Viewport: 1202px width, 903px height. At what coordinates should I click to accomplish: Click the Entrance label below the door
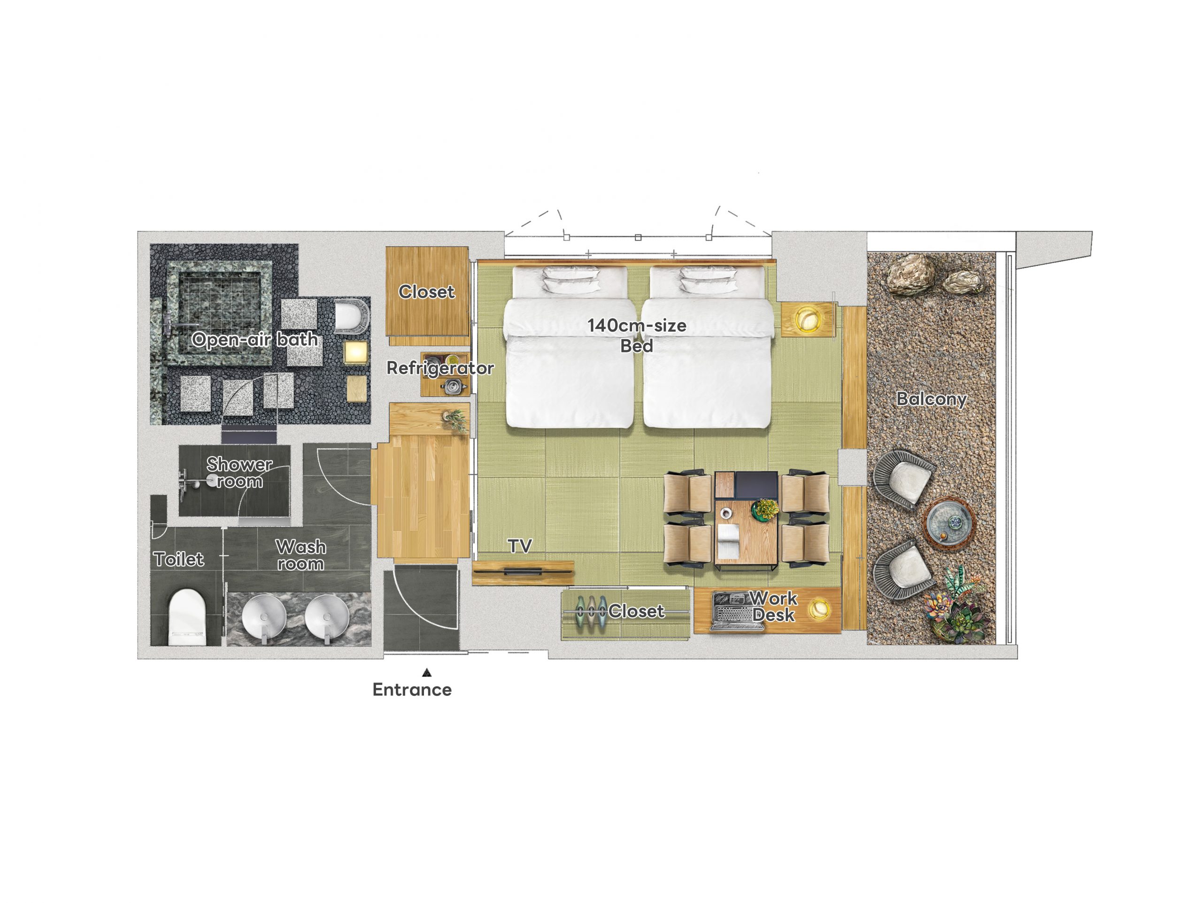[412, 690]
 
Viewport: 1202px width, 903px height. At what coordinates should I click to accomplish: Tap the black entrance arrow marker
[427, 672]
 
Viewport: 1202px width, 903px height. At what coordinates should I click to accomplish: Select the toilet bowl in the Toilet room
[187, 617]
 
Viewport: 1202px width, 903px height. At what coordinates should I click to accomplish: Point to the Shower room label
[239, 473]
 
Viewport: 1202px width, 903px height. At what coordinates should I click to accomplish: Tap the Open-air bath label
[254, 340]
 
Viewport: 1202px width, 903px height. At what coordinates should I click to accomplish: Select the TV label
[519, 546]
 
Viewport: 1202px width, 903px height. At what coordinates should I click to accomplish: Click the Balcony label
[932, 399]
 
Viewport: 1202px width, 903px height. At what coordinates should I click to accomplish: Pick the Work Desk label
[774, 606]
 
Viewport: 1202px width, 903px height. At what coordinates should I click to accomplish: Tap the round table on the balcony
[948, 523]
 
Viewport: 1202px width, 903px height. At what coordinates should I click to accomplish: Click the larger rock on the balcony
[911, 275]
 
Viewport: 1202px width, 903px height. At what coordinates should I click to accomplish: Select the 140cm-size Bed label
[637, 335]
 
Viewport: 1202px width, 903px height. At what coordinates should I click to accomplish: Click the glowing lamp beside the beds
[806, 319]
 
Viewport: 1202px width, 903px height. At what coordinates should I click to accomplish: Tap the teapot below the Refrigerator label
[453, 387]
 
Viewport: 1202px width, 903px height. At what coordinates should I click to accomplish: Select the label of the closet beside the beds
[426, 292]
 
